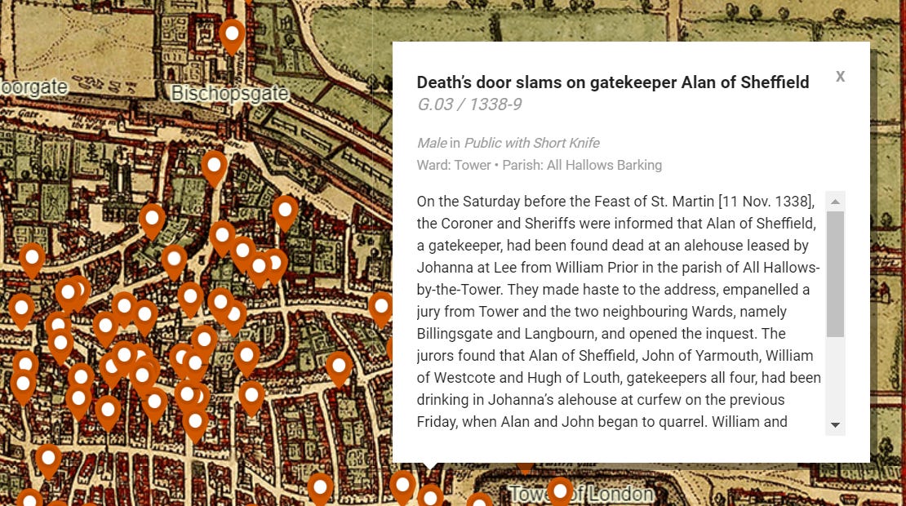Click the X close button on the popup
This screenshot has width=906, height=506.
[840, 77]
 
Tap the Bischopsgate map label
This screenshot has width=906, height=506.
[229, 94]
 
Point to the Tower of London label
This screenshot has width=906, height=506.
[580, 495]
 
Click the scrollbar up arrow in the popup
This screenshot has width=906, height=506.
[835, 202]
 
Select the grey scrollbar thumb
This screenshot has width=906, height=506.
[835, 274]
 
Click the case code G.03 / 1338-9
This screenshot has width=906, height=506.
[469, 104]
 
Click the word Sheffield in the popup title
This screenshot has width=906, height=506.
[770, 82]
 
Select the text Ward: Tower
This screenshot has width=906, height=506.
[453, 165]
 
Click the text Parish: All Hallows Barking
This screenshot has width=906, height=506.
[582, 165]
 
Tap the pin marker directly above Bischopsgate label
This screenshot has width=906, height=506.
[233, 36]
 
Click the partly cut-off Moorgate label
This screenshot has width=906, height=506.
[33, 87]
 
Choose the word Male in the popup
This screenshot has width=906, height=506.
[431, 144]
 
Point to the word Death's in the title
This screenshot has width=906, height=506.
[444, 82]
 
